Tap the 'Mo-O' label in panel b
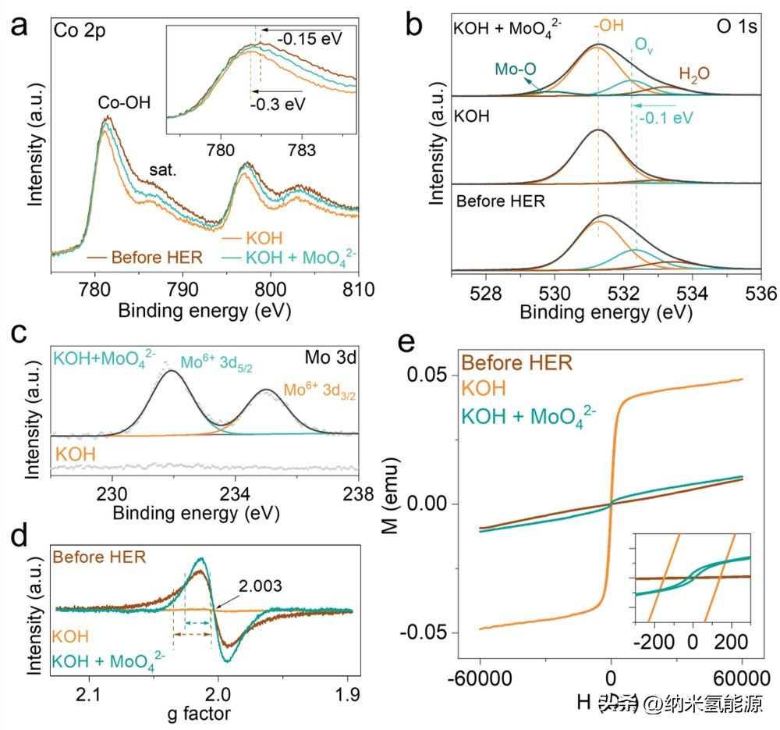[x=516, y=69]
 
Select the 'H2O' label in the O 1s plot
[x=694, y=75]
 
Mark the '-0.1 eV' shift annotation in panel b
[x=665, y=119]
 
